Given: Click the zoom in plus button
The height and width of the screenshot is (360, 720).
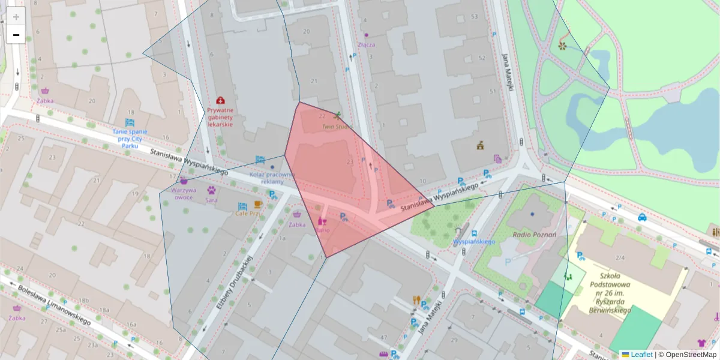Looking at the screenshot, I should (16, 17).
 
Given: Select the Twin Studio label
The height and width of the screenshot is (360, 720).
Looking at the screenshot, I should (337, 127).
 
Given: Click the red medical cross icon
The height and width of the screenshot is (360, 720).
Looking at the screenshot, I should (221, 100).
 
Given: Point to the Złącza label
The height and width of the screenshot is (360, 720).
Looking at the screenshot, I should (366, 44).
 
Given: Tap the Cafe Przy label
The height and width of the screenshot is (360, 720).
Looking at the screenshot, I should (248, 213).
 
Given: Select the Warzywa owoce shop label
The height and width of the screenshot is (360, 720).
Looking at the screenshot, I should (184, 193).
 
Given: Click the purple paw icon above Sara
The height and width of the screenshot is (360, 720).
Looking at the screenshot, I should (212, 190).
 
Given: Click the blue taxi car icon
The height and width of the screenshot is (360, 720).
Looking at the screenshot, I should (642, 217).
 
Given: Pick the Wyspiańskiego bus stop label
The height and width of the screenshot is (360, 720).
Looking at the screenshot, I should (474, 241).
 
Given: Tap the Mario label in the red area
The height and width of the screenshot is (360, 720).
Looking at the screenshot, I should (323, 229).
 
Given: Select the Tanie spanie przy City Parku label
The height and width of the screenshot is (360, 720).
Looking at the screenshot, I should (130, 138).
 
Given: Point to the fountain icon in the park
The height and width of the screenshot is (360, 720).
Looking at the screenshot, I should (562, 44).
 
